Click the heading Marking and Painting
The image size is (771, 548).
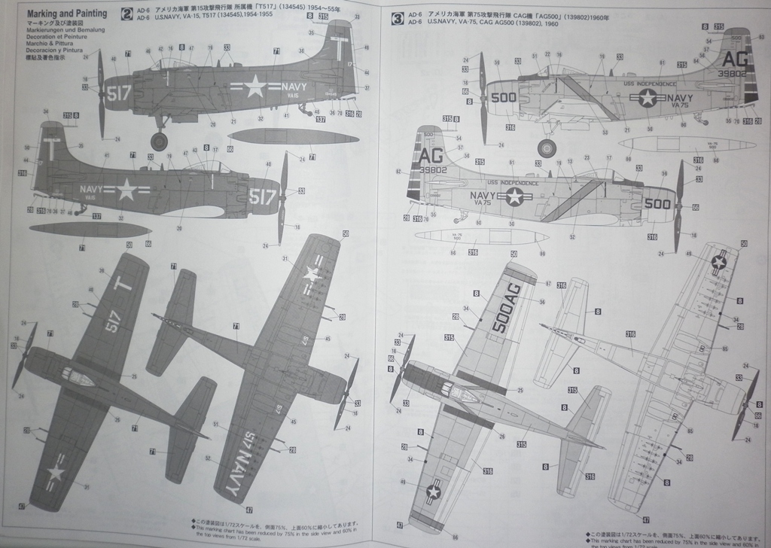pos(66,13)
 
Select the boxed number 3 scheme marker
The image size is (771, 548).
pos(398,17)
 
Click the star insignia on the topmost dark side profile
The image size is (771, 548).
pos(254,87)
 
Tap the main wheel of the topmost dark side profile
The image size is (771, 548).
pos(159,140)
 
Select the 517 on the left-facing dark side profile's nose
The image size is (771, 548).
pos(263,197)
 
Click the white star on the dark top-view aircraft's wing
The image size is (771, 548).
pos(54,472)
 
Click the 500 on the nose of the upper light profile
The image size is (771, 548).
pos(504,97)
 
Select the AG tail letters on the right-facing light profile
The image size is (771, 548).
pos(431,157)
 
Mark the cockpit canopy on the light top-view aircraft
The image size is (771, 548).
pos(454,389)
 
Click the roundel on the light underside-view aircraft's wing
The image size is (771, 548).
pos(720,262)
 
